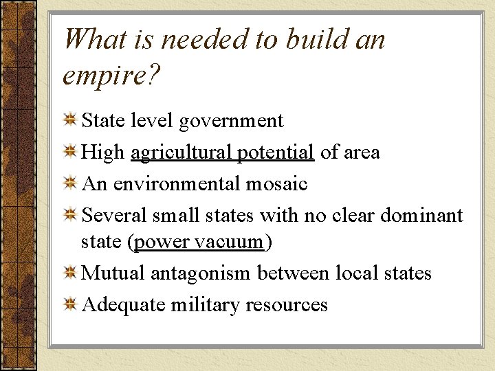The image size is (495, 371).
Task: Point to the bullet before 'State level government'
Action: click(69, 122)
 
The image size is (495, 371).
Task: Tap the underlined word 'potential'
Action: click(276, 152)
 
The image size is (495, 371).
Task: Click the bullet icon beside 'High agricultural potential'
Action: click(69, 152)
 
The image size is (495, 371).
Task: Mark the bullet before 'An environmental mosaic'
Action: click(69, 183)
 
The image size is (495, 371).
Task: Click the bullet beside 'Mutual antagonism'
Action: click(69, 274)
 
